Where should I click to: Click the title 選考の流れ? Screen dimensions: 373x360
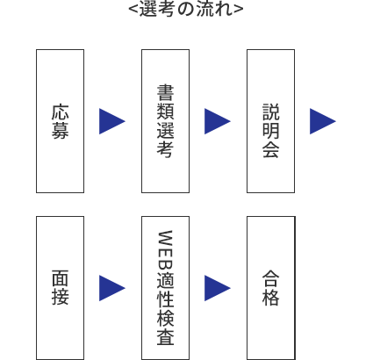186,10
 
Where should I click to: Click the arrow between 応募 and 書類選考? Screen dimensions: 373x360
112,121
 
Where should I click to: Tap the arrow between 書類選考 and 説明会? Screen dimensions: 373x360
218,121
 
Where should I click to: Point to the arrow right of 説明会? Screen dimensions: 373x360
323,121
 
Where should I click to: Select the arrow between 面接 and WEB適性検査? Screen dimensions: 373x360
112,288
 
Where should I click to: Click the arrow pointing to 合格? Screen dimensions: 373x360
218,288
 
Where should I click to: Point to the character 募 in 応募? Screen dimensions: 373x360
60,131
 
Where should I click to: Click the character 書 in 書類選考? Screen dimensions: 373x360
165,93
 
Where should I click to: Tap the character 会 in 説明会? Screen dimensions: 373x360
270,149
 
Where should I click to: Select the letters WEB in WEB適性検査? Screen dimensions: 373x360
165,251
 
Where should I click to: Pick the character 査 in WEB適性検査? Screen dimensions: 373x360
165,336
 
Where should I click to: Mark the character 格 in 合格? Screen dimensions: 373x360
270,298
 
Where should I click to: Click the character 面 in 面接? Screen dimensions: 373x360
60,278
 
